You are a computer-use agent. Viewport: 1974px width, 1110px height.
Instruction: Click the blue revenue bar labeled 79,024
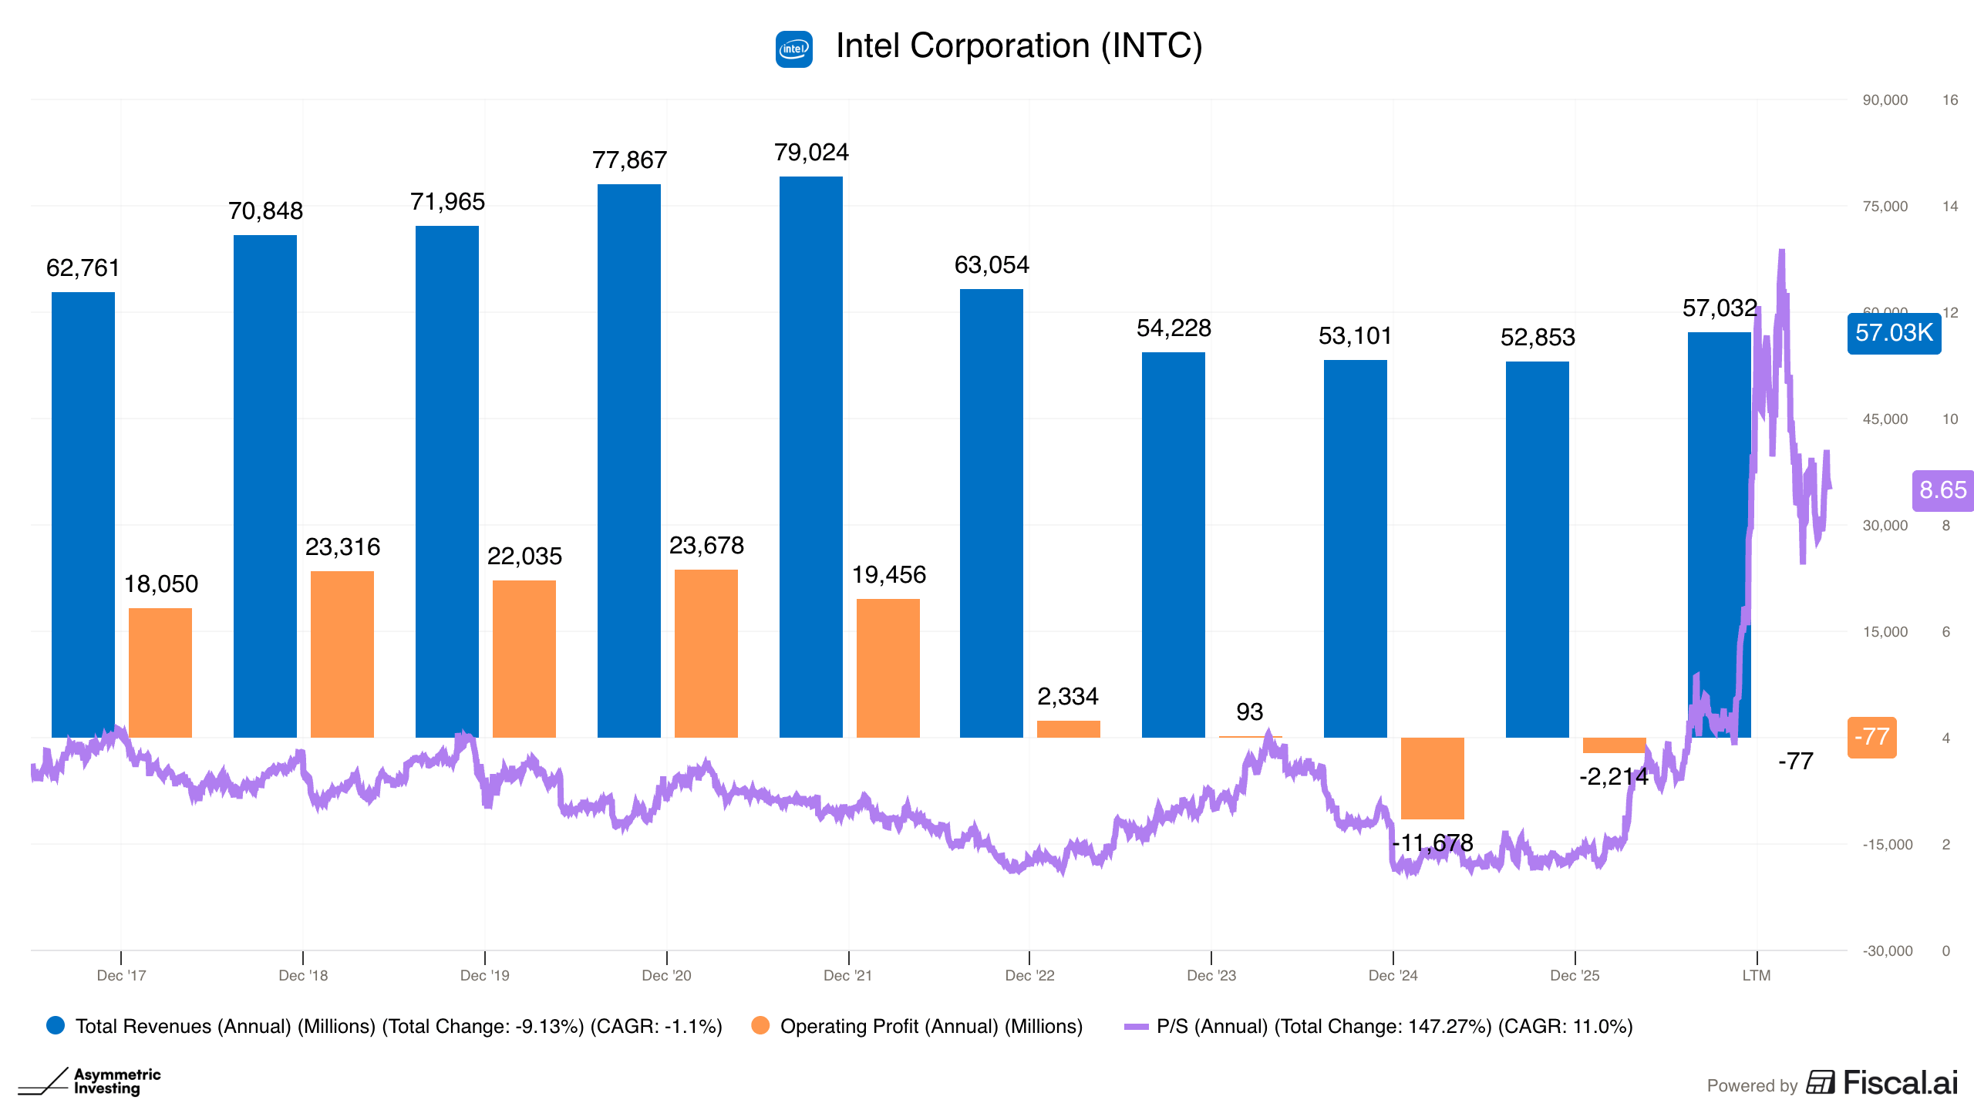pos(810,457)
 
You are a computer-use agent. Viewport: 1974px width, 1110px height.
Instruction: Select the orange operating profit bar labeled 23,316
pos(342,654)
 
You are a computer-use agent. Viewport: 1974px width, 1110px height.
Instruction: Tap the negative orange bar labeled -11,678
pos(1432,779)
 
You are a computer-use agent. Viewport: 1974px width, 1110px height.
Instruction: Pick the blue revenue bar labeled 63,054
pos(991,513)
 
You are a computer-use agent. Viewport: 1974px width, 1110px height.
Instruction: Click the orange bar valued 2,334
pos(1068,729)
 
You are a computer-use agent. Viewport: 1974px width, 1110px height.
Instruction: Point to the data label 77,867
pos(629,160)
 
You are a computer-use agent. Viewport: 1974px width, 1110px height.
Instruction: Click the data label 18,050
pos(161,584)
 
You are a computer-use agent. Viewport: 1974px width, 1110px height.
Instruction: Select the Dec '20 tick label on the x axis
pos(666,975)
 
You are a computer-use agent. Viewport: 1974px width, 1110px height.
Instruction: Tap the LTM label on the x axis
pos(1757,975)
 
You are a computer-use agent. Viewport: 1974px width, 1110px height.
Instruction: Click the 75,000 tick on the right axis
pos(1885,207)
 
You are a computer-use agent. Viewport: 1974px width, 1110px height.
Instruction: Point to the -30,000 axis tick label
pos(1888,951)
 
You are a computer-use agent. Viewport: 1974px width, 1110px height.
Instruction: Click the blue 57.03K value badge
pos(1894,333)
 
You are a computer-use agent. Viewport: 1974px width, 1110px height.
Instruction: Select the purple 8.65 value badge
pos(1942,490)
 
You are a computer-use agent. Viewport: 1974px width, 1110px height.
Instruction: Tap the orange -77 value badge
pos(1871,737)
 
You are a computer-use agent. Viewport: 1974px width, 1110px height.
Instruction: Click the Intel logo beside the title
pos(794,49)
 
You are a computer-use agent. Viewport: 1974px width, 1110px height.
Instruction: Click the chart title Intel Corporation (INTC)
pos(1019,46)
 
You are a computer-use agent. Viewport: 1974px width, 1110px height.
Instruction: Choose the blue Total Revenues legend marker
pos(56,1025)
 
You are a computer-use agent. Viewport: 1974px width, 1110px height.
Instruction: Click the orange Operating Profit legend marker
pos(760,1025)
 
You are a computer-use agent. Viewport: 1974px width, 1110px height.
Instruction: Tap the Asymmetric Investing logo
pos(89,1081)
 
